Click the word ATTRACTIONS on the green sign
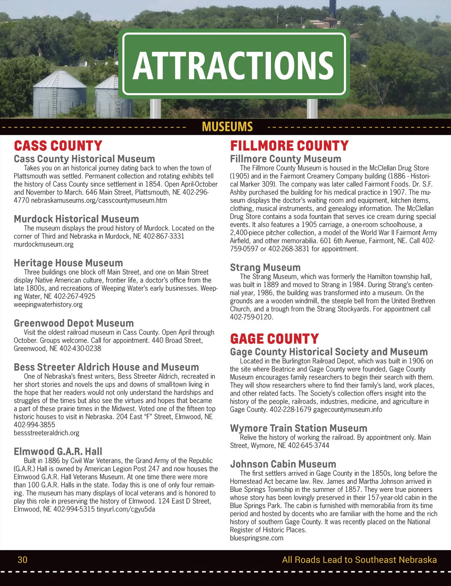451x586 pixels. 233,64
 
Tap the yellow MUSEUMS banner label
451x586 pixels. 227,127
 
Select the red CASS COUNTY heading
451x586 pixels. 58,146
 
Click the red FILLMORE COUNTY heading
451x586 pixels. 289,146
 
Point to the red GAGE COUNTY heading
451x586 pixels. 274,339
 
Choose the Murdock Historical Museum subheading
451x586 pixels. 76,219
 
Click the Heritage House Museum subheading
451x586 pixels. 68,263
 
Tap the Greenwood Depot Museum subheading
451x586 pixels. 74,323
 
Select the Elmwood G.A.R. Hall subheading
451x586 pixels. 58,451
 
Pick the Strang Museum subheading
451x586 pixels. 265,267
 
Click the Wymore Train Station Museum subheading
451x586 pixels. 298,428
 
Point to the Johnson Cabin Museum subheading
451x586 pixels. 283,464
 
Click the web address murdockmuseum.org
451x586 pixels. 44,244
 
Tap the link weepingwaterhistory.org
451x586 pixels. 48,305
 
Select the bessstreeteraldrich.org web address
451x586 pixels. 47,433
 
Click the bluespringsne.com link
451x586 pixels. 257,538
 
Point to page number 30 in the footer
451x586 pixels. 23,560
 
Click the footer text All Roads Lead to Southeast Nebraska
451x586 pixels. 359,560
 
